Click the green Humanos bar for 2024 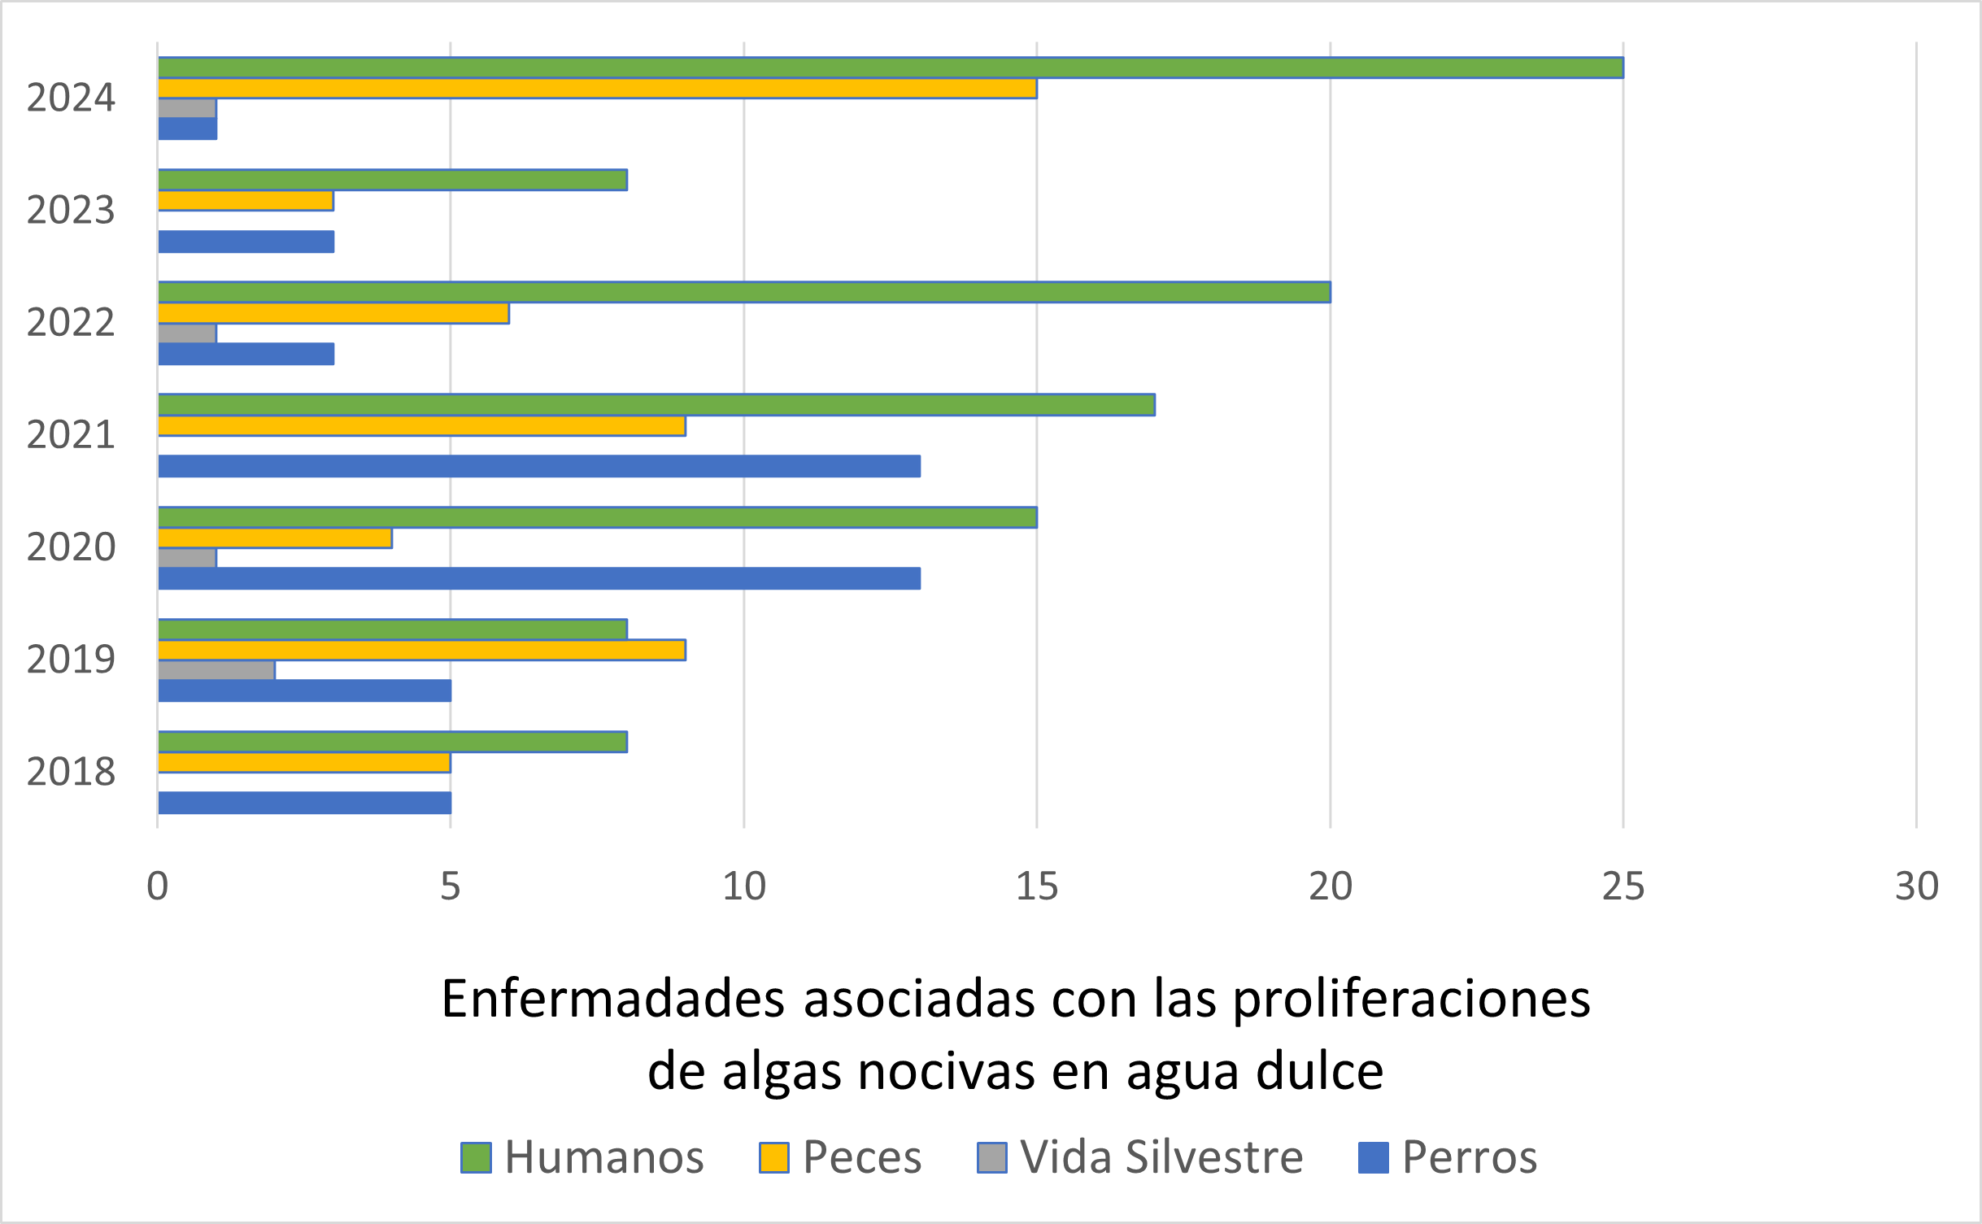tap(891, 68)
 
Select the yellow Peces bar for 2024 tap(598, 89)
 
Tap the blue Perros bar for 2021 tap(539, 466)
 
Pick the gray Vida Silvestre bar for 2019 tap(216, 670)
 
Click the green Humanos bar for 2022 tap(744, 292)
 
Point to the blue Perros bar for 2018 tap(305, 803)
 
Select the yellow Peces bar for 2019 tap(422, 650)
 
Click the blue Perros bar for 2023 tap(246, 242)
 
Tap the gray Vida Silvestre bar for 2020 tap(187, 558)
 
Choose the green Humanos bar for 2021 tap(656, 404)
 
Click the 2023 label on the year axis tap(71, 210)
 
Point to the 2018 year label tap(71, 771)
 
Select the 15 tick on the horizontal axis tap(1037, 886)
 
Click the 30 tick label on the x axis tap(1916, 886)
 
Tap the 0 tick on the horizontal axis tap(158, 886)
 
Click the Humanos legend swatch tap(476, 1157)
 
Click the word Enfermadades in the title tap(612, 999)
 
